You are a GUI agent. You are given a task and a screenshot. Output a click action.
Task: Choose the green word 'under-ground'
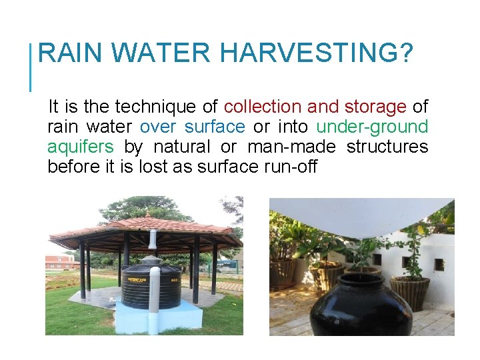pyautogui.click(x=372, y=127)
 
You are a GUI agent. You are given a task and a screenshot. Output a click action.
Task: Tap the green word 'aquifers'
pyautogui.click(x=80, y=147)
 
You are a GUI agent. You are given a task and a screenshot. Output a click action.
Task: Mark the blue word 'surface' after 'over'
pyautogui.click(x=215, y=127)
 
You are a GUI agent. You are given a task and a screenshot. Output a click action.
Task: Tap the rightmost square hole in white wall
pyautogui.click(x=439, y=265)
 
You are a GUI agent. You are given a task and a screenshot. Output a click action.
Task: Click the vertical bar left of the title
pyautogui.click(x=31, y=67)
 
